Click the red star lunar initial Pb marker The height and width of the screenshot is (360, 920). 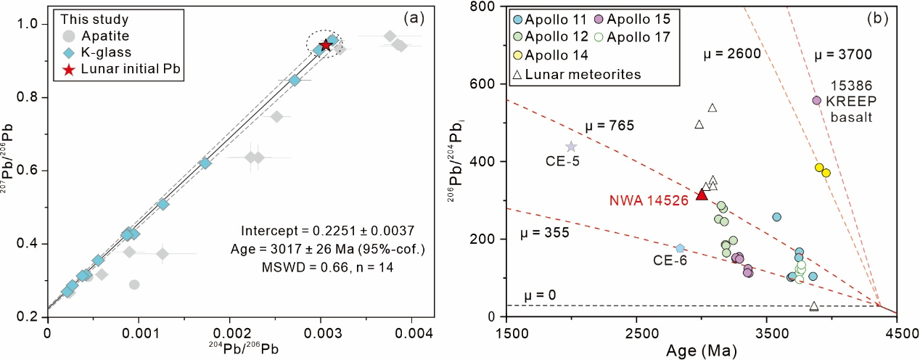(326, 45)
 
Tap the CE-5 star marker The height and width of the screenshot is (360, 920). (571, 147)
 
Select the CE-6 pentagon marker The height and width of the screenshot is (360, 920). (680, 248)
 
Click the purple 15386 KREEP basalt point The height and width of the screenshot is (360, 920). (816, 100)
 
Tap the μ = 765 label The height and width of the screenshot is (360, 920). (609, 126)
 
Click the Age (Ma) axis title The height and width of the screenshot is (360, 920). (703, 351)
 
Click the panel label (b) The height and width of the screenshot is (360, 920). (879, 19)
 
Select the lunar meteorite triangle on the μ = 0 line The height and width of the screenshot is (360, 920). (814, 306)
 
